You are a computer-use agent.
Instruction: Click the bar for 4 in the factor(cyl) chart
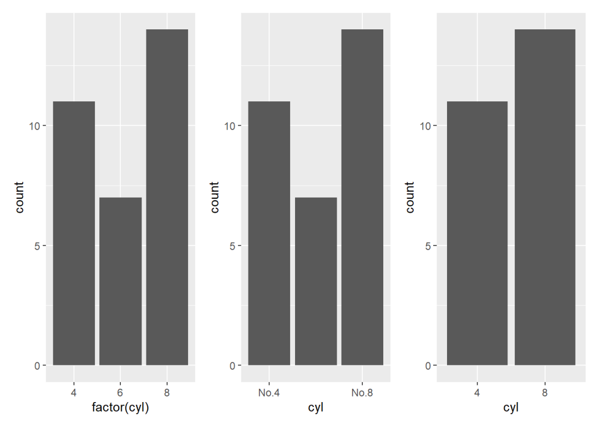[74, 233]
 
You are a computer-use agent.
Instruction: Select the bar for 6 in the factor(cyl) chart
[120, 281]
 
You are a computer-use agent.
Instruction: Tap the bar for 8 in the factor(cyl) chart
[167, 197]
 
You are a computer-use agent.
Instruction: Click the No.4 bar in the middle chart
[269, 233]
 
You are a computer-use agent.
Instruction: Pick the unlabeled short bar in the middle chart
[316, 281]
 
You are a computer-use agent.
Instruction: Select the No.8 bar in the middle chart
[362, 197]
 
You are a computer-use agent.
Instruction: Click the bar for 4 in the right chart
[477, 233]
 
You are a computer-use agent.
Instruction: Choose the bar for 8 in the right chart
[545, 197]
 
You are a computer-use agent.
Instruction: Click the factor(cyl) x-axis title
[120, 409]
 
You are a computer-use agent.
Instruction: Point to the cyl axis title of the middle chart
[316, 409]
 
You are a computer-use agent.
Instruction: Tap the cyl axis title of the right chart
[511, 409]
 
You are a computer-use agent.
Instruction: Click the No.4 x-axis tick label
[269, 393]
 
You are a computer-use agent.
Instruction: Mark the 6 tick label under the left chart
[120, 393]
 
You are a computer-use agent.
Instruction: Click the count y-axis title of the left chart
[19, 197]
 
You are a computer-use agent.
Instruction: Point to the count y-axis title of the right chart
[410, 197]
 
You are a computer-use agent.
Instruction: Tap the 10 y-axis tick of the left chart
[34, 126]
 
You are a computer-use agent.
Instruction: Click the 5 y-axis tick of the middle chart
[232, 246]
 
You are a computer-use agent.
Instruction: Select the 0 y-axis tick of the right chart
[428, 366]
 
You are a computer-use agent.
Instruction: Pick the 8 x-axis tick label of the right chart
[545, 393]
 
